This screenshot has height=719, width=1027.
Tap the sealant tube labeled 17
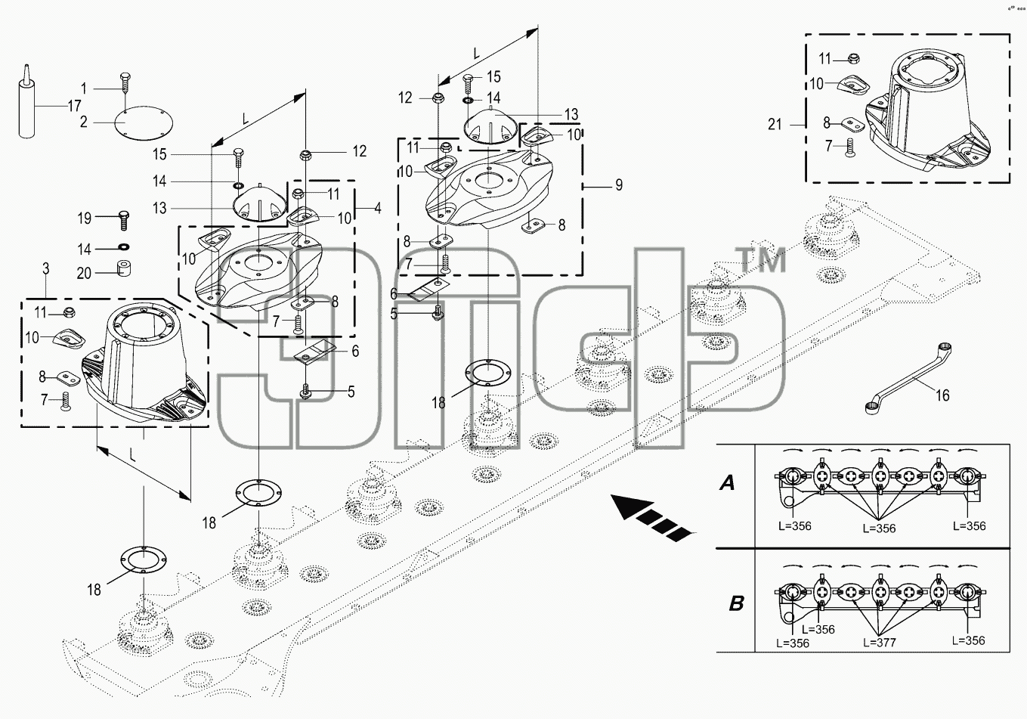[26, 102]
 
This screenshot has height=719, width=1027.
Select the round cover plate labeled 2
[144, 122]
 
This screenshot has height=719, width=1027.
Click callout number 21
[775, 124]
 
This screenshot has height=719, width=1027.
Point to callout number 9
[619, 184]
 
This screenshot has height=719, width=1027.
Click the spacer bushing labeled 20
[122, 268]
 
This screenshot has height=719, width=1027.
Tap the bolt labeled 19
[124, 220]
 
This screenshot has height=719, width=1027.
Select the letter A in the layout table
[727, 482]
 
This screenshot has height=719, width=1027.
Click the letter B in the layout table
[736, 603]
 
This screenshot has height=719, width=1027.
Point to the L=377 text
[880, 643]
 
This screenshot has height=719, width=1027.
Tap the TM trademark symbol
[761, 259]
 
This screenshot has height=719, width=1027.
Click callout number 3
[45, 268]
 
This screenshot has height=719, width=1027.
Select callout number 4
[377, 208]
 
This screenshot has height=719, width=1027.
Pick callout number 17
[75, 106]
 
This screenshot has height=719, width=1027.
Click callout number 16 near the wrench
[942, 395]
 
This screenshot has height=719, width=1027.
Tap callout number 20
[85, 273]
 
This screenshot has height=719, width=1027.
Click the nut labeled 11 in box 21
[852, 59]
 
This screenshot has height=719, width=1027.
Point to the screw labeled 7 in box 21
[849, 147]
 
